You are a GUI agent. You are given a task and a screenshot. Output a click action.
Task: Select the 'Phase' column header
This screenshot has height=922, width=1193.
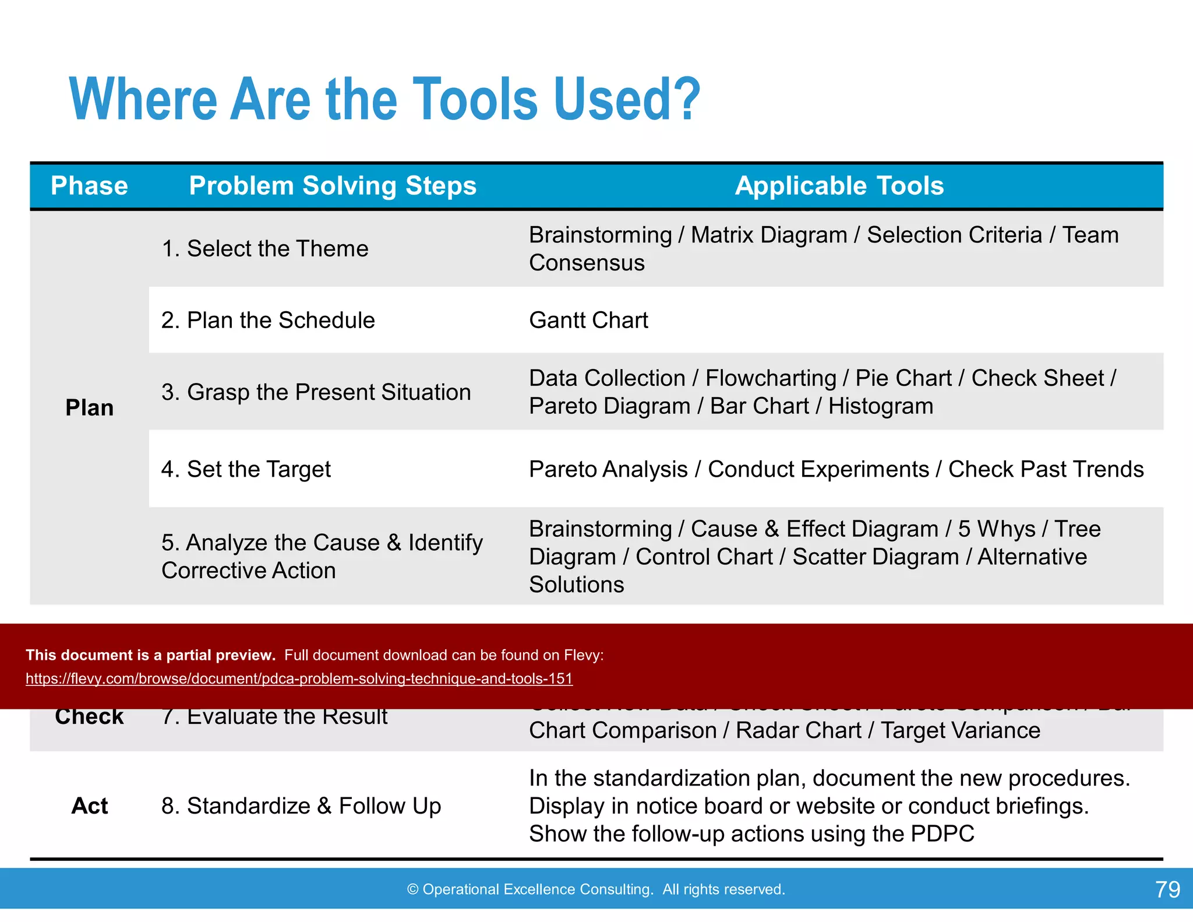(89, 186)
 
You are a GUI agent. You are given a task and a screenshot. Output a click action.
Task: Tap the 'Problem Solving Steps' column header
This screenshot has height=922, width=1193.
(333, 186)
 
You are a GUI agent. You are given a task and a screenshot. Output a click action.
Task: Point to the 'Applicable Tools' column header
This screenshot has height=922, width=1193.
(839, 186)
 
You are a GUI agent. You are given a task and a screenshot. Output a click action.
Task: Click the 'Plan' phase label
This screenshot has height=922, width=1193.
(89, 407)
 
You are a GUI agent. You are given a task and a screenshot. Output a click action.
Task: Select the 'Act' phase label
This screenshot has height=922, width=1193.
(89, 806)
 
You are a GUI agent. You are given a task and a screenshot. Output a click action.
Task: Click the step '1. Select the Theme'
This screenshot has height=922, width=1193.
(265, 249)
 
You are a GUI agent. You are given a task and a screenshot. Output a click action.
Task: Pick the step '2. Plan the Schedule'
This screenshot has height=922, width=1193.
(268, 321)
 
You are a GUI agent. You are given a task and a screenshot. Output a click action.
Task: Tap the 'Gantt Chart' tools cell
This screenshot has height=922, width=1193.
(588, 321)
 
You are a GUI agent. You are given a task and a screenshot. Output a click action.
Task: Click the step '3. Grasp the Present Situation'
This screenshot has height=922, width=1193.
(316, 392)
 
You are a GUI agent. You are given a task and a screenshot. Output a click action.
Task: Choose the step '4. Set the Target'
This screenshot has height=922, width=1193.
(246, 469)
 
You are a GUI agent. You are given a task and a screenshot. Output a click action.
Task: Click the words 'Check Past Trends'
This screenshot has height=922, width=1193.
(1046, 469)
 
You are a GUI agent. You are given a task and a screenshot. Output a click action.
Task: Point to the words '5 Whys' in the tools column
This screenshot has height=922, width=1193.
(996, 529)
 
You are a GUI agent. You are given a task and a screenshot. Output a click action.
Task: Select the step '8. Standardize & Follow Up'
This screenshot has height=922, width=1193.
(301, 806)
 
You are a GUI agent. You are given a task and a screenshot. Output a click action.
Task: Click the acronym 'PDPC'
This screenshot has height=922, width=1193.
(942, 834)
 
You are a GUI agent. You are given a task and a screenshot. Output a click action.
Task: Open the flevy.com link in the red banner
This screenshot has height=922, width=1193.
(299, 679)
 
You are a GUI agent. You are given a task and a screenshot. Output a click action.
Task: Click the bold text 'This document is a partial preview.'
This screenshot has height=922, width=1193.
(150, 655)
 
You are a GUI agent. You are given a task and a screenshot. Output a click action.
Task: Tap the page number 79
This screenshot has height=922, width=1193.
(1167, 889)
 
